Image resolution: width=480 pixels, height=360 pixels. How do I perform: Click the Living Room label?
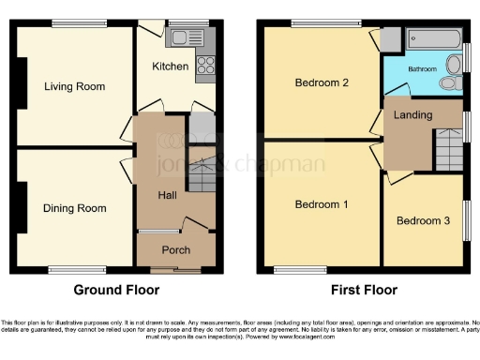[x=74, y=86]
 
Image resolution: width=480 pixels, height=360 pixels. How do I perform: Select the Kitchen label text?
[x=171, y=67]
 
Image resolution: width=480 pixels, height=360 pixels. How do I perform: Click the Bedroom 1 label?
[x=322, y=204]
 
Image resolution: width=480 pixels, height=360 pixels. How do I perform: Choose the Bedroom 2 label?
[x=322, y=82]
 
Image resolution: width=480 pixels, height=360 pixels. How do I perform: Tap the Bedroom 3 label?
[x=423, y=221]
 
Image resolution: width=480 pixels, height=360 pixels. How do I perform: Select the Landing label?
[x=413, y=114]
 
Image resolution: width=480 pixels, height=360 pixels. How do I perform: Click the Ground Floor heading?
[x=116, y=290]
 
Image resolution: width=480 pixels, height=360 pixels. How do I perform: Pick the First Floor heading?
[x=361, y=290]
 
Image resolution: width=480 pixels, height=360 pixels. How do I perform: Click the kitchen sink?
[x=179, y=38]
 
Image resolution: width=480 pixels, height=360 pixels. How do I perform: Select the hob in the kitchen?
[x=204, y=66]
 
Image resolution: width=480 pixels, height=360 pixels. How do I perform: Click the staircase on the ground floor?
[x=201, y=174]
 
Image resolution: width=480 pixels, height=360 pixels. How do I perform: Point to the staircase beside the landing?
[x=446, y=151]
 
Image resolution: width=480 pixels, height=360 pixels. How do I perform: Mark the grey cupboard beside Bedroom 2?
[x=391, y=38]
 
